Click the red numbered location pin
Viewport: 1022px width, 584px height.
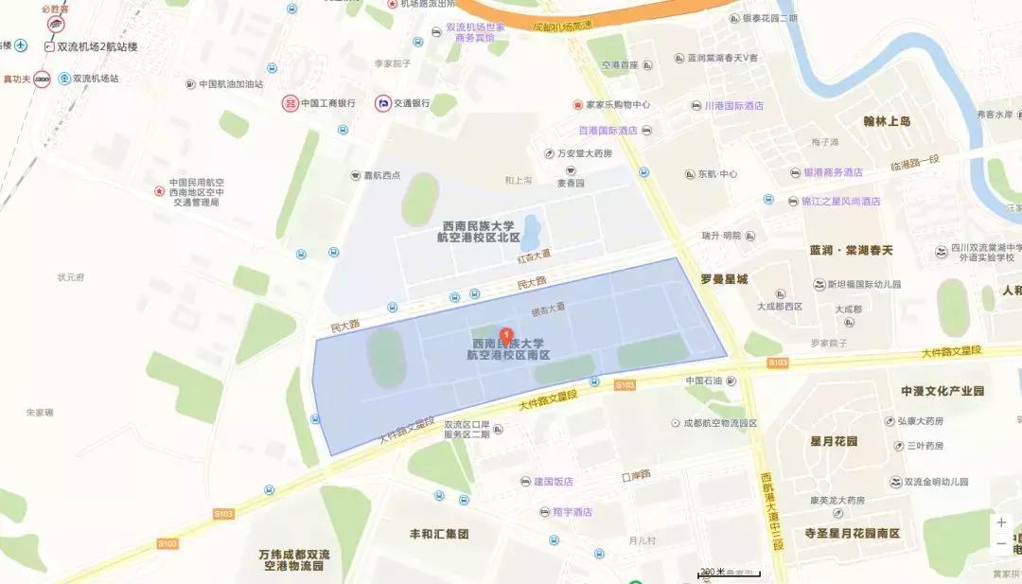506,335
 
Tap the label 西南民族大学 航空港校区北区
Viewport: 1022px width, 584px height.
479,232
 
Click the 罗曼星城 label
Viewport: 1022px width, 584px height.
724,279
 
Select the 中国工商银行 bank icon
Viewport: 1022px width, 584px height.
290,103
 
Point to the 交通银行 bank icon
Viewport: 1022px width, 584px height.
383,103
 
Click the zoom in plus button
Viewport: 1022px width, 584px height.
1001,522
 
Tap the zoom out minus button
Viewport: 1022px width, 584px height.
1001,543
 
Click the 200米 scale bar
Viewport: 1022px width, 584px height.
730,575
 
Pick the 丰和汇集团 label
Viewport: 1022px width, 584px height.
439,534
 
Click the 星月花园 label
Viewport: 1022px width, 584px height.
834,442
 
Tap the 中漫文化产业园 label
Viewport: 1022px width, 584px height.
943,391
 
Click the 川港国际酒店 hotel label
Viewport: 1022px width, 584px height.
733,106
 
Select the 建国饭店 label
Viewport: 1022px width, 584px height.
555,482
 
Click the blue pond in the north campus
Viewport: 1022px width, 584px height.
531,228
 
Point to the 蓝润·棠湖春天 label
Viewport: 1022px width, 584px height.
851,251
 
